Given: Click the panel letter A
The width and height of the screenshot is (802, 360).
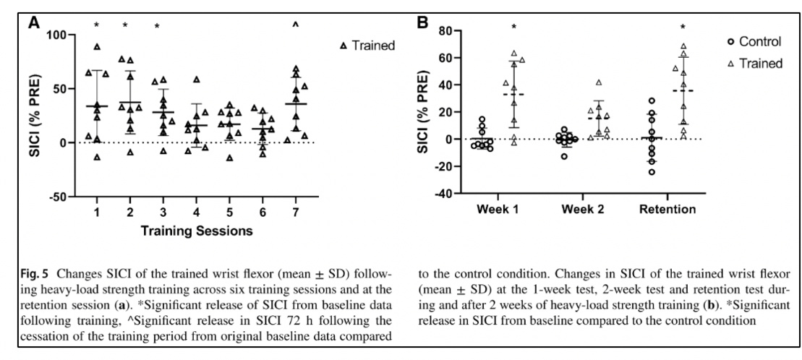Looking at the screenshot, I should (x=34, y=23).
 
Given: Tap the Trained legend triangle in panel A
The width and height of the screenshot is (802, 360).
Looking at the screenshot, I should (x=344, y=46).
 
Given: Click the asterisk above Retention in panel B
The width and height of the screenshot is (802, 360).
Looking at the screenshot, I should (x=683, y=28).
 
